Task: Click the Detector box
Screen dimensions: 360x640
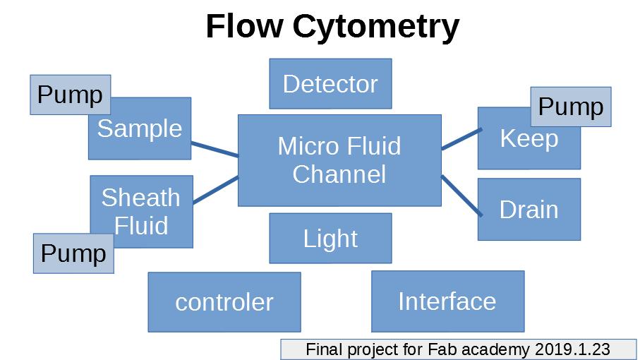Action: pyautogui.click(x=330, y=84)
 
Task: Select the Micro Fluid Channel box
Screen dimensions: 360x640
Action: pyautogui.click(x=339, y=160)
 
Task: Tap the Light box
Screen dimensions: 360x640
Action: pyautogui.click(x=330, y=239)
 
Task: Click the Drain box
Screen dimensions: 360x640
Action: pyautogui.click(x=529, y=210)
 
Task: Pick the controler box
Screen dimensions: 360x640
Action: pyautogui.click(x=224, y=302)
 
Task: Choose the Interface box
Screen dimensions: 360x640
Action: pyautogui.click(x=447, y=301)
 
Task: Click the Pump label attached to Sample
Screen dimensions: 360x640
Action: pyautogui.click(x=70, y=95)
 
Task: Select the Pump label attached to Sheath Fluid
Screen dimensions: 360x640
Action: pyautogui.click(x=73, y=253)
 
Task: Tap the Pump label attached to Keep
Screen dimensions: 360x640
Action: pyautogui.click(x=570, y=107)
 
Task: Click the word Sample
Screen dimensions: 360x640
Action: pyautogui.click(x=140, y=128)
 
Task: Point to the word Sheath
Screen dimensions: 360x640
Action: pyautogui.click(x=140, y=198)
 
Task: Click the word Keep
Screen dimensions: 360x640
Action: pyautogui.click(x=529, y=139)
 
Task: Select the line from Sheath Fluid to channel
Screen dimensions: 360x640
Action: pyautogui.click(x=215, y=189)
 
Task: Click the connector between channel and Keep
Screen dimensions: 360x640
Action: pyautogui.click(x=460, y=139)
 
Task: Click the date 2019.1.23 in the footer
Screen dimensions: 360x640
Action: pyautogui.click(x=572, y=349)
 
